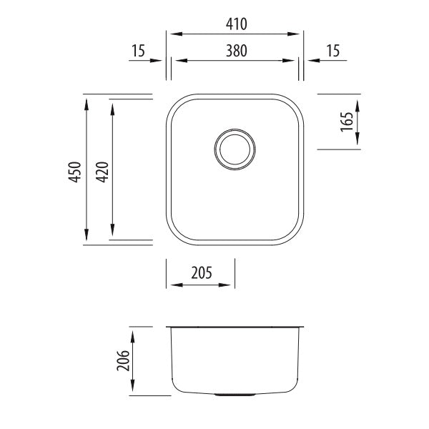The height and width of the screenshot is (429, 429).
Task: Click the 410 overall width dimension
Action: click(235, 24)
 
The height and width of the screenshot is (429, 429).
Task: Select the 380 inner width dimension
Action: click(235, 51)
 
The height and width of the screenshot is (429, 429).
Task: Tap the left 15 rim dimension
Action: click(139, 51)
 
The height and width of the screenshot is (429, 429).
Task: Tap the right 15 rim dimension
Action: click(332, 51)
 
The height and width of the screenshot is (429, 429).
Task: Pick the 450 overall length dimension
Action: click(74, 172)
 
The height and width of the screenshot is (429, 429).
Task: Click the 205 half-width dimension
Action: click(201, 272)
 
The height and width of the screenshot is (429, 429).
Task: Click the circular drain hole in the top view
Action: click(234, 149)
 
